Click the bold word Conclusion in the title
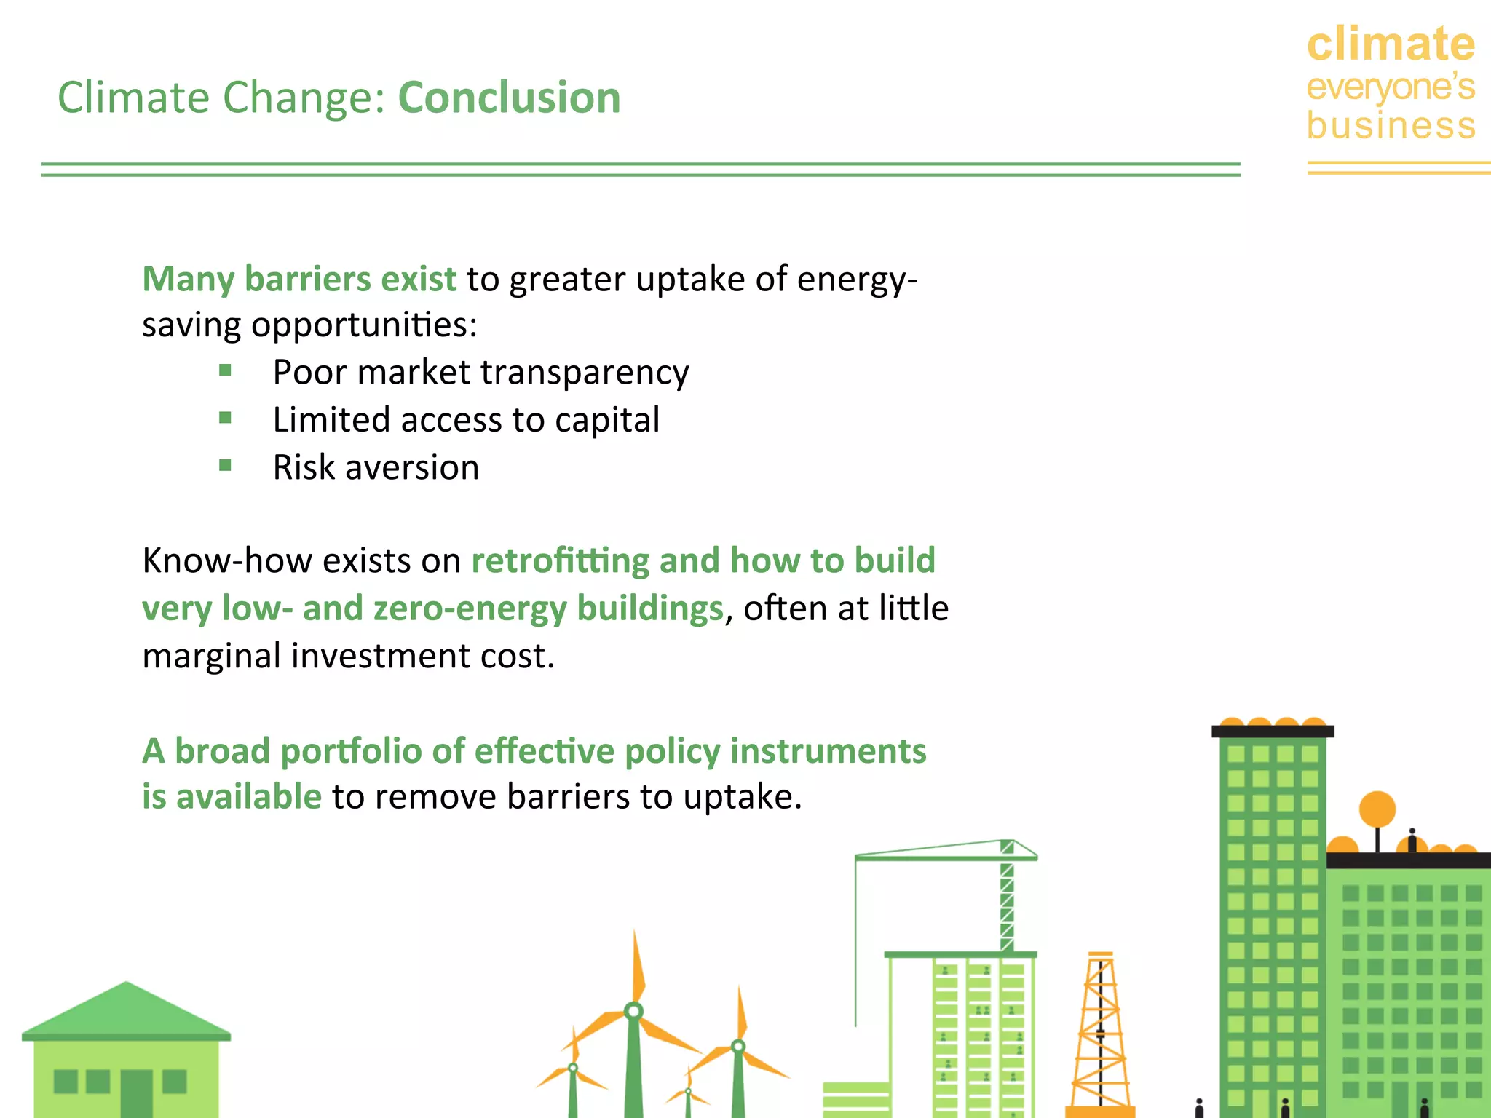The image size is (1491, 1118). tap(509, 98)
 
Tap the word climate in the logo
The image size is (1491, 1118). tap(1391, 44)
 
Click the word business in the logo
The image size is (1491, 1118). tap(1391, 125)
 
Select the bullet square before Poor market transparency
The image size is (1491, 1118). tap(225, 370)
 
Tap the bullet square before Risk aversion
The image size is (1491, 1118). tap(225, 465)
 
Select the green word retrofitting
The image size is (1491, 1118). tap(560, 560)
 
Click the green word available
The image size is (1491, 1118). tap(249, 796)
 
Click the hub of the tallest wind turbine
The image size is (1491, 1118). tap(633, 1010)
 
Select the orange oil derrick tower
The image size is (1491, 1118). tap(1100, 1034)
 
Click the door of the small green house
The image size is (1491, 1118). tap(136, 1092)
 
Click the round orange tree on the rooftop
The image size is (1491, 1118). tap(1377, 809)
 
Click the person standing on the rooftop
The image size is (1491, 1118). tap(1412, 841)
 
